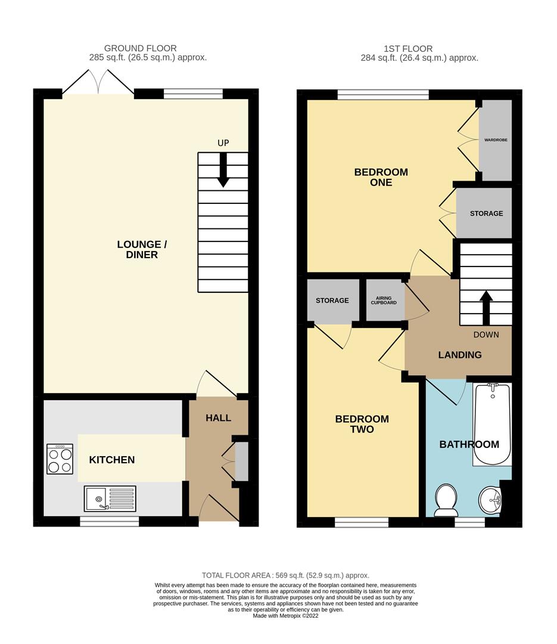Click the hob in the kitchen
click(x=60, y=459)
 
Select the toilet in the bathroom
click(x=446, y=500)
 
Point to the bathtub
click(x=492, y=425)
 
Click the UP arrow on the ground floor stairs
click(x=223, y=170)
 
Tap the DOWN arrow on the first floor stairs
click(x=486, y=306)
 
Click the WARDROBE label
click(x=495, y=141)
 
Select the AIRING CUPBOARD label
click(x=385, y=300)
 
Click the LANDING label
click(x=460, y=355)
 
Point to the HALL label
click(x=218, y=418)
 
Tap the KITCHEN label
click(x=112, y=460)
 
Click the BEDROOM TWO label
click(x=362, y=424)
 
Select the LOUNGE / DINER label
click(x=138, y=249)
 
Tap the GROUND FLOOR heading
click(x=141, y=48)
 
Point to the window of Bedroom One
click(x=383, y=94)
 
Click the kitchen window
click(x=110, y=521)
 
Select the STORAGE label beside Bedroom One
click(x=486, y=213)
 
